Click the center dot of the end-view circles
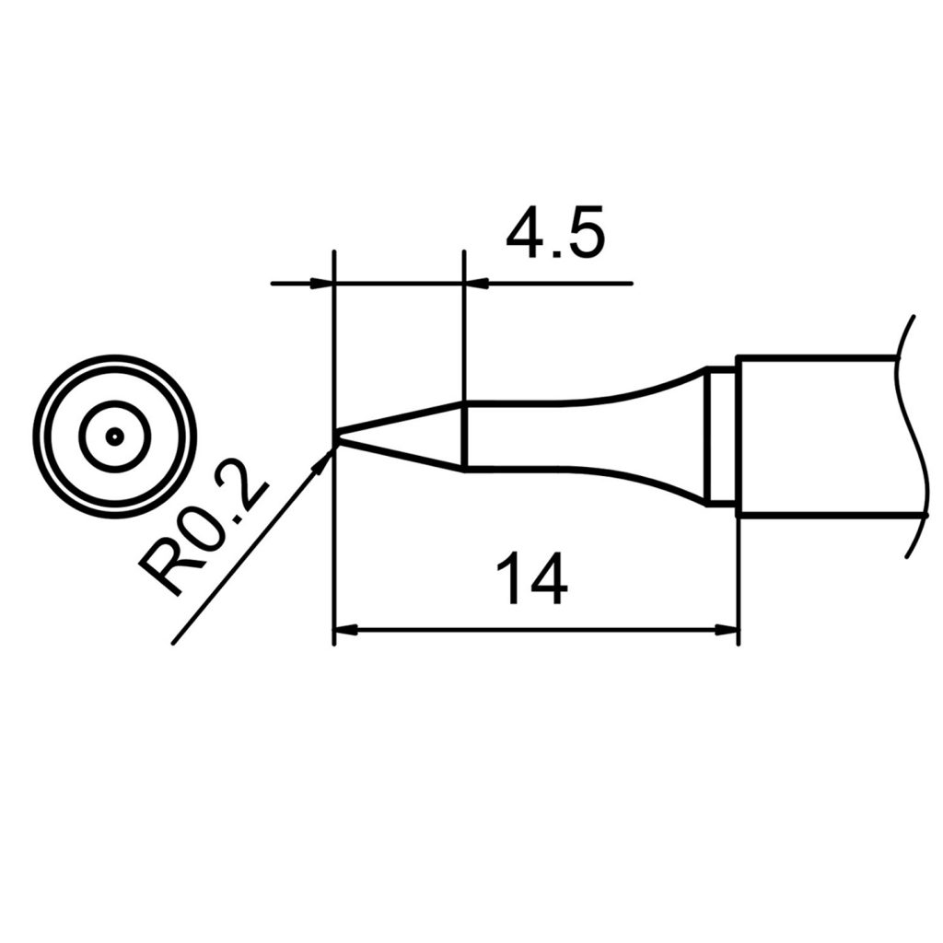pyautogui.click(x=114, y=437)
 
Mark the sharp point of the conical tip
pyautogui.click(x=335, y=437)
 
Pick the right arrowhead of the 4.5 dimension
pyautogui.click(x=476, y=283)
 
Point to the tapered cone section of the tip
pyautogui.click(x=405, y=436)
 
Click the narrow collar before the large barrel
pyautogui.click(x=720, y=436)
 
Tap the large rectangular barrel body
pyautogui.click(x=815, y=436)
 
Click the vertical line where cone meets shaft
pyautogui.click(x=462, y=436)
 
